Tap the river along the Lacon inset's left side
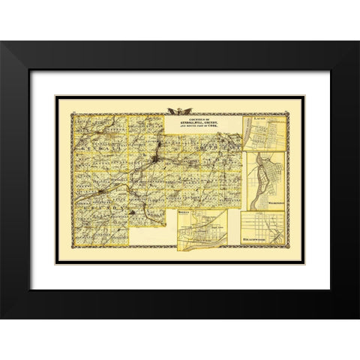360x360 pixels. point(247,135)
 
